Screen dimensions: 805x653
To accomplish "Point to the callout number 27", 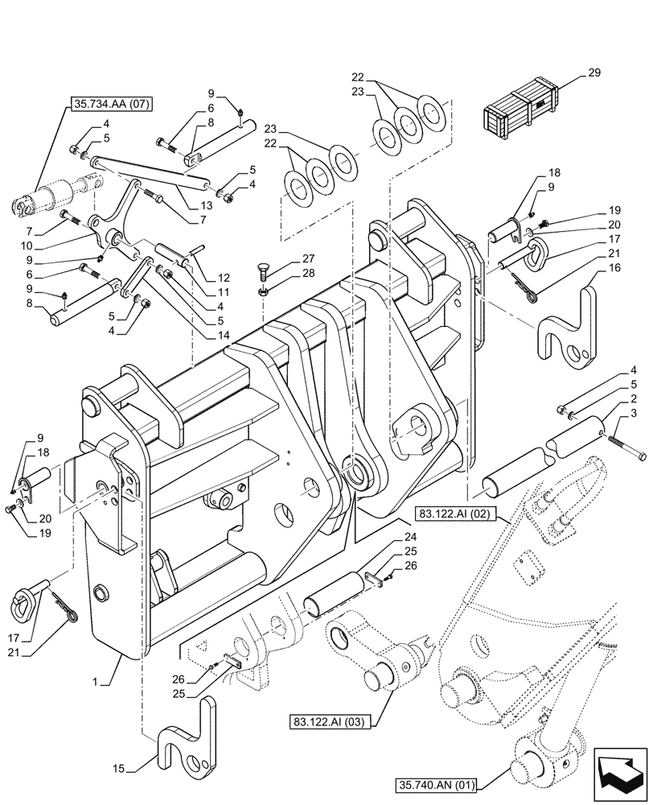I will coord(286,258).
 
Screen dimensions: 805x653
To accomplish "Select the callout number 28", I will coord(286,275).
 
